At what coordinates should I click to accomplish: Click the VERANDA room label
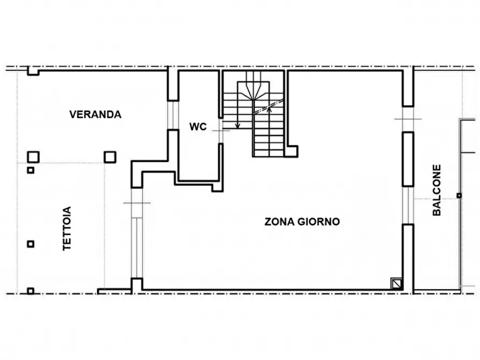tap(95, 114)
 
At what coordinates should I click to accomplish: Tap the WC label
tap(198, 127)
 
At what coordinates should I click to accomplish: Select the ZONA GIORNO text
tap(302, 221)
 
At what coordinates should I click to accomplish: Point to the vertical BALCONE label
tap(436, 190)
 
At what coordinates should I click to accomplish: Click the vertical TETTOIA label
tap(67, 228)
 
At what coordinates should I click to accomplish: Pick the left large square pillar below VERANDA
tap(33, 156)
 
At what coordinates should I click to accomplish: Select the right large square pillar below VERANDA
tap(110, 156)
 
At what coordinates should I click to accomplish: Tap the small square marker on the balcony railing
tap(458, 196)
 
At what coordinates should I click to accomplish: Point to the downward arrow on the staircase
tap(237, 124)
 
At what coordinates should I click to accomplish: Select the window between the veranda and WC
tap(173, 115)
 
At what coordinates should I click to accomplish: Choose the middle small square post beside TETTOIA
tap(31, 243)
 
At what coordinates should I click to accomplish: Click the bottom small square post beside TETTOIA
tap(31, 291)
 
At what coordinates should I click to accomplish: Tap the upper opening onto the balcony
tap(408, 119)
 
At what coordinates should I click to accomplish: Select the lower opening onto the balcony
tap(408, 205)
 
